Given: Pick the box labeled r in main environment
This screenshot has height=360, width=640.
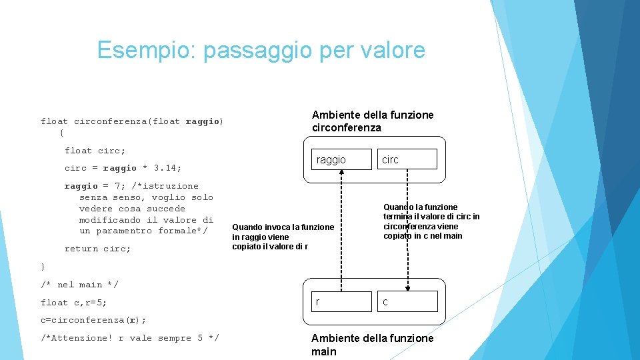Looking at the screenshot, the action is click(x=341, y=302).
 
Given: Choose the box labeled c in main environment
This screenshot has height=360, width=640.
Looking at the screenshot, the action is click(x=407, y=302).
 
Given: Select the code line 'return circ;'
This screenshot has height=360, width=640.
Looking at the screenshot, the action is click(x=97, y=249).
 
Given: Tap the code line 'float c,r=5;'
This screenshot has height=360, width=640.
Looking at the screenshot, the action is click(x=73, y=303).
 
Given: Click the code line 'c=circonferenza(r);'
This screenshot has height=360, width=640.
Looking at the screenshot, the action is click(x=93, y=320).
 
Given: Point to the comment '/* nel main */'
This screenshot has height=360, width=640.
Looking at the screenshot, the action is click(x=79, y=285).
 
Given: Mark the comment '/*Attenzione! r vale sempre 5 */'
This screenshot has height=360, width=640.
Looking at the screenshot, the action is click(x=129, y=338).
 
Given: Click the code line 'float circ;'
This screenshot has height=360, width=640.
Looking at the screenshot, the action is click(x=95, y=151).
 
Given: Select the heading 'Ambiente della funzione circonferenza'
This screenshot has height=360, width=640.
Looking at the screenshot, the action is click(x=372, y=121).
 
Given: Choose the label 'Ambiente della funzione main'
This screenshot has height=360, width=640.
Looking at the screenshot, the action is click(x=372, y=345).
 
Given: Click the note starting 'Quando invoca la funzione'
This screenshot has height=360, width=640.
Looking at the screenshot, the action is click(x=283, y=237).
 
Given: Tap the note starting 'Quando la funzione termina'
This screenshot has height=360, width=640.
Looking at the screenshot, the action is click(x=431, y=221).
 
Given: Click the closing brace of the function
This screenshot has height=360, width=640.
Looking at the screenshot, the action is click(x=43, y=267).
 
